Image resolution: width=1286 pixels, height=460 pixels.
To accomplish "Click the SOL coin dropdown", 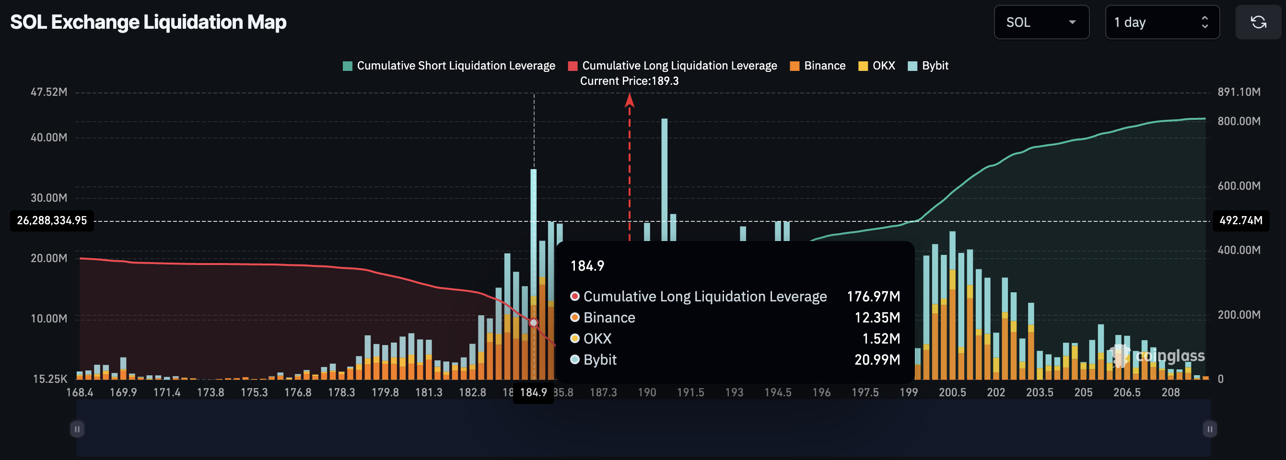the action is tap(1041, 22).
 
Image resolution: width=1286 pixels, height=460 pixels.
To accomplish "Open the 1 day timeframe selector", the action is tap(1162, 22).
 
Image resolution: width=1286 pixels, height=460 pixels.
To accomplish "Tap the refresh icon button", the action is tap(1258, 22).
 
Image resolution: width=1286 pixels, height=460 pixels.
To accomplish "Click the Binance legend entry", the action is tap(818, 66).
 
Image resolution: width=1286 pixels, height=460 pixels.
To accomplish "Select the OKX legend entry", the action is tap(877, 66).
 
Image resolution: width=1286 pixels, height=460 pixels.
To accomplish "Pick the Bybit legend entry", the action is tap(928, 66).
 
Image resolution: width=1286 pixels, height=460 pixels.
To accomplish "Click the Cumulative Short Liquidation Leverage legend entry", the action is tap(449, 66).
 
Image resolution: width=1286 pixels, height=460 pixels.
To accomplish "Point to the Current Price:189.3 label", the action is tap(629, 81).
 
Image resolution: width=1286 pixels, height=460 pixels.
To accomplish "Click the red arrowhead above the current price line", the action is tap(630, 100).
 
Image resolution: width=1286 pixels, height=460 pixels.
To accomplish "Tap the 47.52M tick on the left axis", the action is tap(49, 92).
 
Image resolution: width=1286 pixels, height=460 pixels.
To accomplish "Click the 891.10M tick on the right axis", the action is tap(1239, 92).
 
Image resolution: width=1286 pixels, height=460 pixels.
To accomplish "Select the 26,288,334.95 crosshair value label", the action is tap(52, 220).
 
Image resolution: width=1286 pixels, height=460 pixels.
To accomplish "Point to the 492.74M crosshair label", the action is tap(1240, 220).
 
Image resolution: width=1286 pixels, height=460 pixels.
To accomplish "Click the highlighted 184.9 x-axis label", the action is tap(533, 392).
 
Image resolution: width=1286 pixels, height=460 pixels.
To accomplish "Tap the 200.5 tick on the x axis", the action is tap(952, 392).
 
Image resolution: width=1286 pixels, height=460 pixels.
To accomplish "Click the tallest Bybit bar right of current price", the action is tap(664, 180).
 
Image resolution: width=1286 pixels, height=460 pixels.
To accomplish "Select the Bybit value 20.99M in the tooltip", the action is tap(877, 360).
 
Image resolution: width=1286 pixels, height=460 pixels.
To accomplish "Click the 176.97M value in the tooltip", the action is tap(873, 296).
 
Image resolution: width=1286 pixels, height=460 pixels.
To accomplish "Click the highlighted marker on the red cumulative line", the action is tap(533, 323).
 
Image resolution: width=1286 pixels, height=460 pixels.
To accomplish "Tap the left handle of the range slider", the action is tap(77, 429).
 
